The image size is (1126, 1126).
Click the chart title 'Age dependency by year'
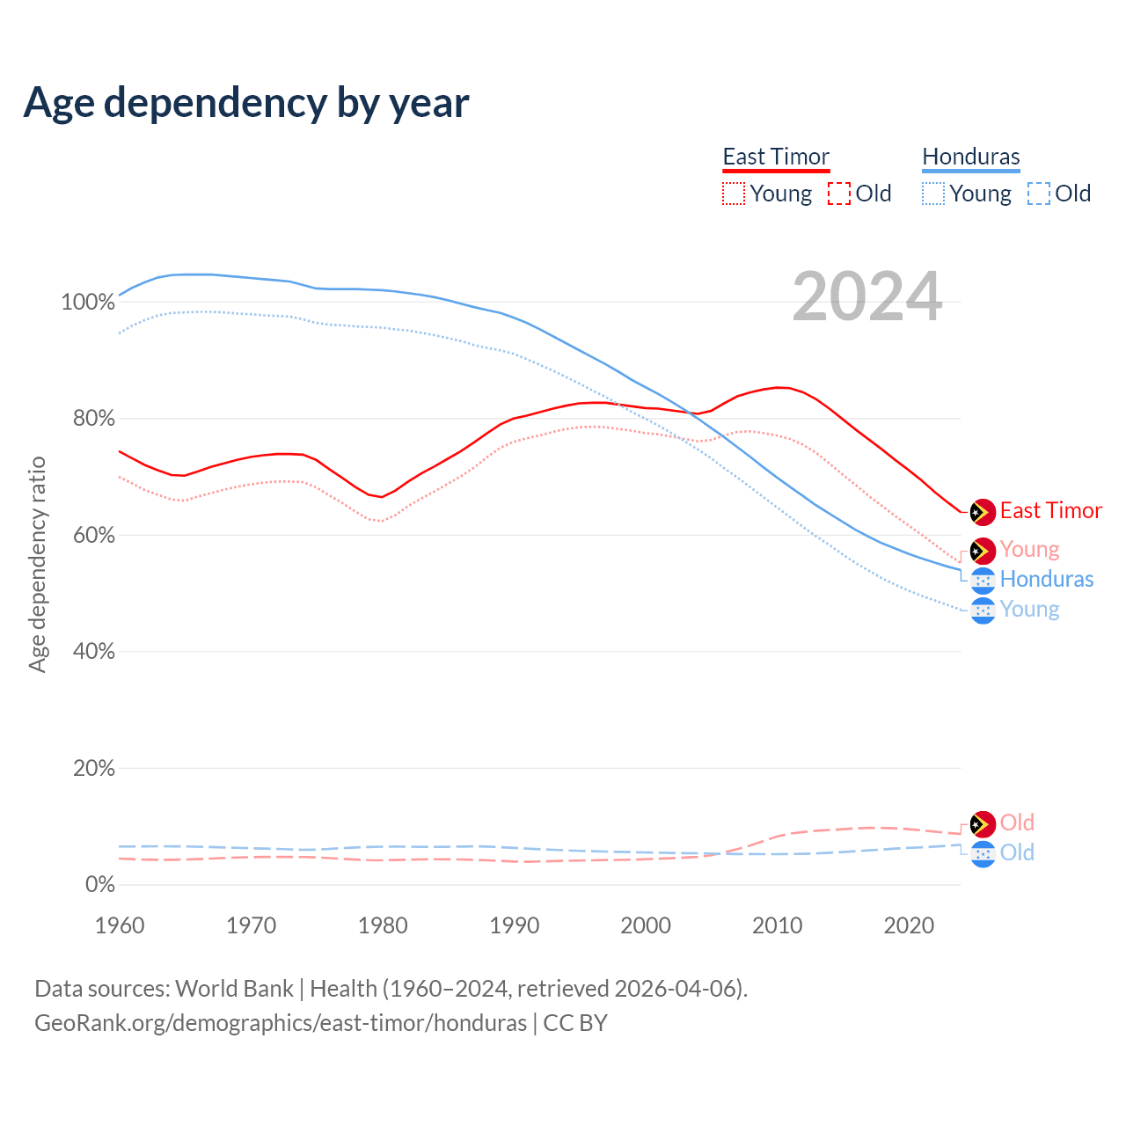tap(246, 102)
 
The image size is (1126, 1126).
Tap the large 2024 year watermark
tap(866, 296)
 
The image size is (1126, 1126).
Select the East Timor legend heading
tap(776, 157)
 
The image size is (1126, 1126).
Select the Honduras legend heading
tap(970, 157)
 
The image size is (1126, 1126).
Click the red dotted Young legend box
tap(733, 194)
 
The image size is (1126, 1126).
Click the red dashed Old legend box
tap(838, 194)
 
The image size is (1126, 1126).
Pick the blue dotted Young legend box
tap(932, 194)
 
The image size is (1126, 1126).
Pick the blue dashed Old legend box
tap(1038, 194)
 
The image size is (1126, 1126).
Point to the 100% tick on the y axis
tap(88, 303)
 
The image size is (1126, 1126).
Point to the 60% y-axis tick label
tap(93, 536)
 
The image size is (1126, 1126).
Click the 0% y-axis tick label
tap(99, 885)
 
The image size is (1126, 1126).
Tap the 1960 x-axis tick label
tap(120, 925)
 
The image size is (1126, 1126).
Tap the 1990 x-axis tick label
tap(515, 925)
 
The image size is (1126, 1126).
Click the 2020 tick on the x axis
tap(909, 925)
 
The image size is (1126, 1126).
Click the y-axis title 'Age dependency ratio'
tap(37, 564)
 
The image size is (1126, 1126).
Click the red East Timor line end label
tap(1050, 511)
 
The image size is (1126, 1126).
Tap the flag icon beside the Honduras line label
tap(983, 580)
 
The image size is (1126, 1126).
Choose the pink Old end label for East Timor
tap(1017, 823)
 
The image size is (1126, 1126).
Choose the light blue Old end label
tap(1017, 852)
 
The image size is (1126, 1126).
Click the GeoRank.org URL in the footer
tap(281, 1023)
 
